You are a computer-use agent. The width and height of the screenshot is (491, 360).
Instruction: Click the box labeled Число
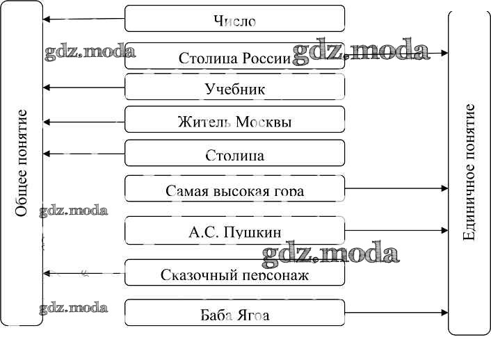point(234,19)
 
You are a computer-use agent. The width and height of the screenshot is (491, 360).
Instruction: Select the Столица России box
point(234,56)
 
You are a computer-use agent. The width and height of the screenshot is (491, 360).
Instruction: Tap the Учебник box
point(234,88)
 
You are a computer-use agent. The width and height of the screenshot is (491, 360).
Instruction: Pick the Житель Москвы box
point(234,121)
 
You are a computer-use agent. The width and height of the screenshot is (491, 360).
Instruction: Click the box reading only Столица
point(234,154)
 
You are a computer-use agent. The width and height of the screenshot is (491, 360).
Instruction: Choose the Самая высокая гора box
point(234,188)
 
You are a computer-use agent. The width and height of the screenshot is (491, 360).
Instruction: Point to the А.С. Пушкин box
point(234,230)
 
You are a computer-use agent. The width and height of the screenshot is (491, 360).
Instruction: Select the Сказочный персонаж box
point(234,273)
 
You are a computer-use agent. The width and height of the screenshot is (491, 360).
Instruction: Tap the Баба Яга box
point(234,313)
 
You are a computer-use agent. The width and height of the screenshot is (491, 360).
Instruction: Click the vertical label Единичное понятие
point(469,172)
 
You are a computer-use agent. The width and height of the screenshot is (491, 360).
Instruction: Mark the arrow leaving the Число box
point(83,19)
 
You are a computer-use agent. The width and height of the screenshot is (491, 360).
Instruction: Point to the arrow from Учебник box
point(83,88)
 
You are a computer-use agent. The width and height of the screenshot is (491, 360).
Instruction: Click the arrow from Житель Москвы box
point(83,122)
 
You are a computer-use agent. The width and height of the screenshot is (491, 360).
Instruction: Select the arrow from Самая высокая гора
point(396,188)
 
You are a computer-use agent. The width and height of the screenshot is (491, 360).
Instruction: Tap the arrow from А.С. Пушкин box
point(396,230)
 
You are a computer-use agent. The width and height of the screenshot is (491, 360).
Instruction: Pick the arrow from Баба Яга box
point(396,313)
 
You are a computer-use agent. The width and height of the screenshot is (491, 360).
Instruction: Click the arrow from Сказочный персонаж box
point(83,273)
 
